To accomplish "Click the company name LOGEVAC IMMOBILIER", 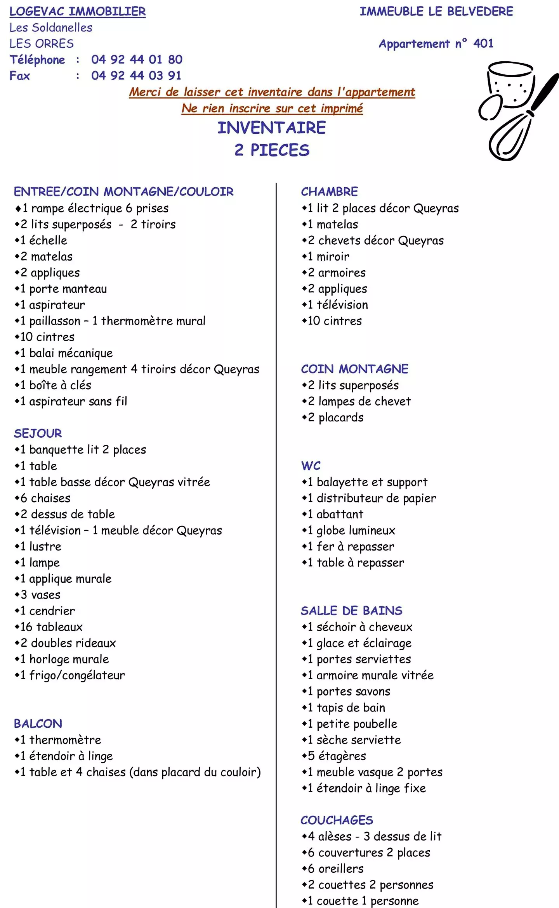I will tap(78, 12).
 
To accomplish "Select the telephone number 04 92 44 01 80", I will tap(137, 59).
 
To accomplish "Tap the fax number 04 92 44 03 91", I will tap(136, 75).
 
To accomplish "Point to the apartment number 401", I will tap(483, 43).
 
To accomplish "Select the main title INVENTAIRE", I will tap(271, 128).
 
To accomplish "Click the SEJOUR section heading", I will tap(38, 433).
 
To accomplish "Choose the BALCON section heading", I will tap(38, 723).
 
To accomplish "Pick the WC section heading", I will tap(311, 466).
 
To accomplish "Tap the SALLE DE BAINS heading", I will tap(351, 611).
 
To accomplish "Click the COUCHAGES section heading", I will tap(337, 820).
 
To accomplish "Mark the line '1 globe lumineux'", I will tap(351, 530).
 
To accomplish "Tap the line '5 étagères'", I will tap(337, 756).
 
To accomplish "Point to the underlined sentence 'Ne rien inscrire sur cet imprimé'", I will tap(272, 108).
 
